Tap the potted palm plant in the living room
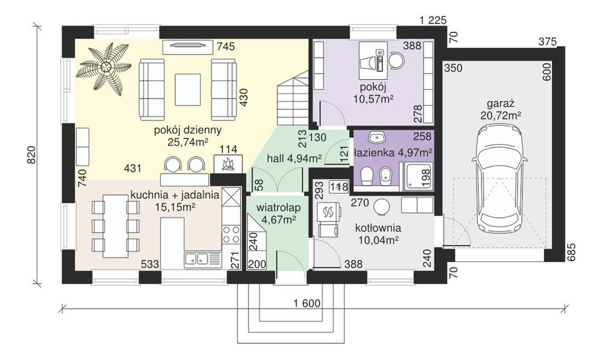[x=104, y=68]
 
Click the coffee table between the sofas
[x=187, y=89]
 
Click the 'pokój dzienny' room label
[x=188, y=130]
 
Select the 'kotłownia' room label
[x=378, y=227]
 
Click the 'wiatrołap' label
[x=278, y=208]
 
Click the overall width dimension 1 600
[x=307, y=304]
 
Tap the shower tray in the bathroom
[x=417, y=176]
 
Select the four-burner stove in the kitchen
[x=232, y=234]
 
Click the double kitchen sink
[x=203, y=260]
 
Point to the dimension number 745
[x=226, y=47]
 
